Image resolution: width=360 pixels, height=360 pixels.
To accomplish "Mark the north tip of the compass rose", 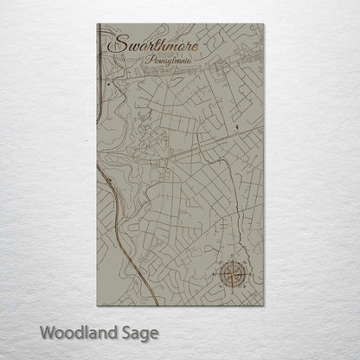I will pos(232,260).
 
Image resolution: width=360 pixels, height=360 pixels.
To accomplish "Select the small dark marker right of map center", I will pos(235,127).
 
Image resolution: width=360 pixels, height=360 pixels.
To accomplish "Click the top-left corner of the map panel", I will pos(97,25).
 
